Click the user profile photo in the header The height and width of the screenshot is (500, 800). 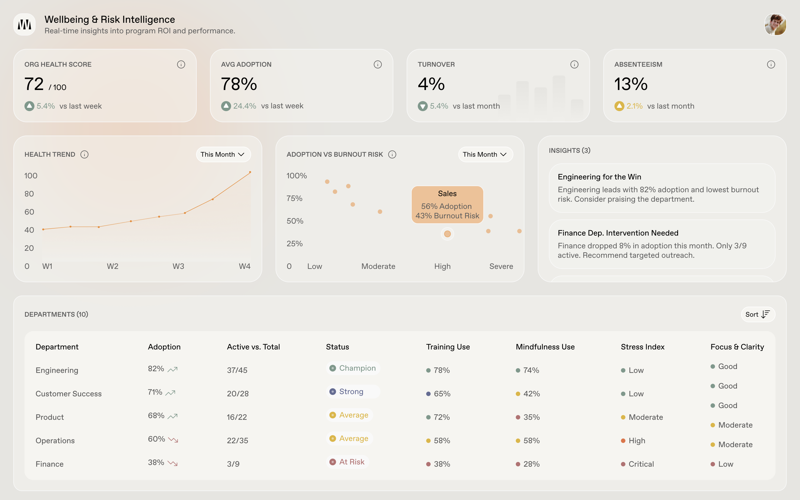pyautogui.click(x=775, y=24)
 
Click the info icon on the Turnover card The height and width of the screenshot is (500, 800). pyautogui.click(x=574, y=64)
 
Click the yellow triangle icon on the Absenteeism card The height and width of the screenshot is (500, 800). pyautogui.click(x=619, y=106)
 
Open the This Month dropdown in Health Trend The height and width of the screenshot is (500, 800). pyautogui.click(x=223, y=154)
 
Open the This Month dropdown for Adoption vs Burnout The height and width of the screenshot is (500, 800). pyautogui.click(x=485, y=154)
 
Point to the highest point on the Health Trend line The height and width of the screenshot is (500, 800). pyautogui.click(x=250, y=172)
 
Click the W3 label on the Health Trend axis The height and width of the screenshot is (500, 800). pyautogui.click(x=178, y=266)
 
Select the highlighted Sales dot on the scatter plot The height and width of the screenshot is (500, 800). pyautogui.click(x=447, y=234)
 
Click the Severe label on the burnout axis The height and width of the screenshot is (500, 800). pyautogui.click(x=501, y=266)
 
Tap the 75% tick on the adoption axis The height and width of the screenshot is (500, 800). pyautogui.click(x=294, y=198)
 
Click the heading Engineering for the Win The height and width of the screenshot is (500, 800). pyautogui.click(x=599, y=177)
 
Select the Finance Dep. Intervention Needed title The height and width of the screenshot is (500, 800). pyautogui.click(x=617, y=233)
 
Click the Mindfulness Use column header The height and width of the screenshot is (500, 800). pyautogui.click(x=545, y=347)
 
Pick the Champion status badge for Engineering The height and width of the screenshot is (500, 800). pyautogui.click(x=353, y=368)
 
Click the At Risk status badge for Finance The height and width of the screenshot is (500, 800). pyautogui.click(x=348, y=462)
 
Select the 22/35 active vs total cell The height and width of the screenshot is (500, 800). pyautogui.click(x=237, y=441)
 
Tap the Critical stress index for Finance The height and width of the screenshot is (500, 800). pyautogui.click(x=641, y=464)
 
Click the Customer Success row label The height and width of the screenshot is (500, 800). pyautogui.click(x=68, y=394)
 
